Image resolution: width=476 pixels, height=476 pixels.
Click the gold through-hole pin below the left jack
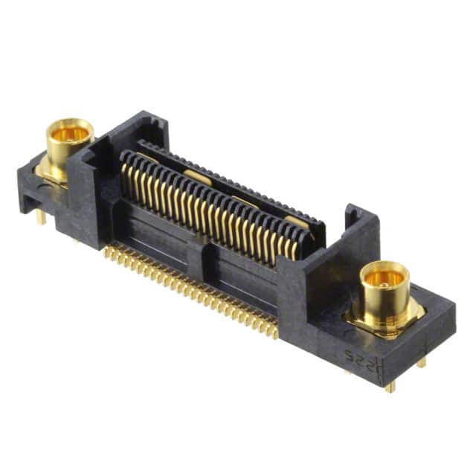(42, 216)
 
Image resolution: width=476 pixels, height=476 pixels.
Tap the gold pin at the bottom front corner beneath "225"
(390, 386)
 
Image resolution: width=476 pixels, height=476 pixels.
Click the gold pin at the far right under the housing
(422, 362)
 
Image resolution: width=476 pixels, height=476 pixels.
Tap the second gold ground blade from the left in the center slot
(195, 176)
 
